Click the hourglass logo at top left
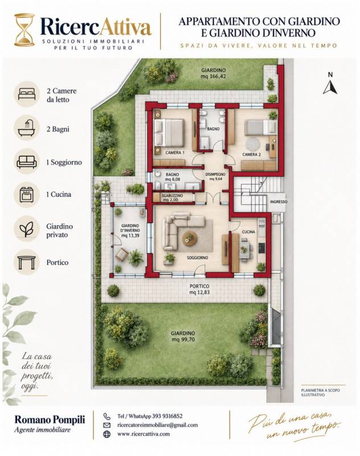tap(24, 30)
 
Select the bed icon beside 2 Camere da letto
tap(27, 94)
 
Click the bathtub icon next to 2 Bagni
tap(27, 128)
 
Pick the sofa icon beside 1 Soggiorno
tap(27, 162)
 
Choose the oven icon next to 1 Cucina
tap(27, 194)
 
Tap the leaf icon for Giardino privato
tap(26, 229)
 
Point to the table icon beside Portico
tap(26, 262)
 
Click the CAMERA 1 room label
tap(175, 153)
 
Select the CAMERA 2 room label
tap(252, 154)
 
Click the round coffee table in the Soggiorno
tap(190, 238)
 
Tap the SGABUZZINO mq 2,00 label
tap(172, 198)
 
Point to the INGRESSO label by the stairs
tap(279, 202)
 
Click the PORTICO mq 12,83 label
tap(199, 290)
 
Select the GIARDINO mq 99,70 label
tap(183, 336)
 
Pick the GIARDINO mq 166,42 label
tap(214, 74)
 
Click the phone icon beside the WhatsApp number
tap(107, 416)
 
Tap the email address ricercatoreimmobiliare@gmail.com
tap(157, 425)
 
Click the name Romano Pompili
tap(50, 420)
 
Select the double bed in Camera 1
tap(169, 132)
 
